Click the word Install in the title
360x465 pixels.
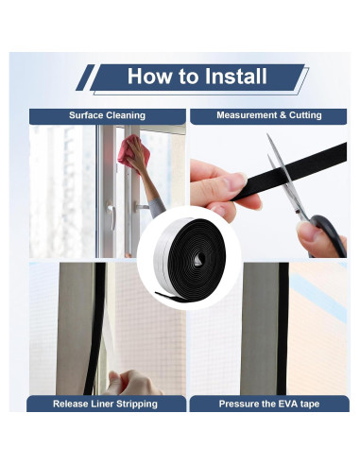tap(235, 77)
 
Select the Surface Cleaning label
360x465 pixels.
tap(107, 115)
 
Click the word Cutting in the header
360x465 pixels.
tap(305, 115)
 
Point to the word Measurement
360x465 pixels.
tap(247, 115)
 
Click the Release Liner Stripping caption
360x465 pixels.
tap(105, 404)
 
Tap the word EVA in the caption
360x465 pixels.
tap(286, 404)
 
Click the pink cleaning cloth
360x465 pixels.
tap(133, 152)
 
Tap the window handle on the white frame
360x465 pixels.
tap(111, 215)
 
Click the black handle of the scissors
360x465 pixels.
tap(329, 233)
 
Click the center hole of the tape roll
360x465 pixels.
tap(199, 259)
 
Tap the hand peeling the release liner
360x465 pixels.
tap(131, 383)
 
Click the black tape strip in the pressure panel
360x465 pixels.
tap(283, 329)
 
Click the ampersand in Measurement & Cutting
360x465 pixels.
tap(283, 115)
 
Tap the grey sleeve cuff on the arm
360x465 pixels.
tap(157, 207)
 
